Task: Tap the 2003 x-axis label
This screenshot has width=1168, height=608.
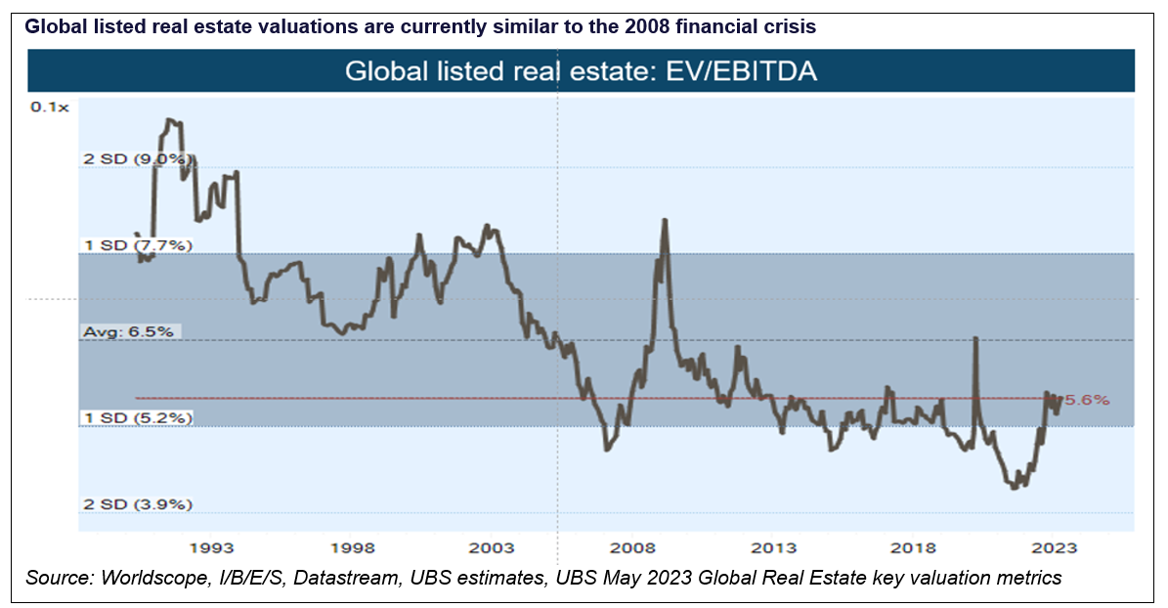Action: (493, 547)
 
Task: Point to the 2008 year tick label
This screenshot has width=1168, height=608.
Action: (633, 547)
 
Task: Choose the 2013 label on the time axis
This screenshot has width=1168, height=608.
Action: (773, 547)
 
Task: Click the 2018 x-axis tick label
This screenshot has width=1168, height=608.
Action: (913, 547)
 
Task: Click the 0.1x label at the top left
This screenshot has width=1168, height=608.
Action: (50, 107)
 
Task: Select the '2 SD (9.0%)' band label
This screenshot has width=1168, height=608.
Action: (139, 158)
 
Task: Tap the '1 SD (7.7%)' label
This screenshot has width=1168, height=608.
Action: (137, 244)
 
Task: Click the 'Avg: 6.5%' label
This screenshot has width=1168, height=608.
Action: (127, 331)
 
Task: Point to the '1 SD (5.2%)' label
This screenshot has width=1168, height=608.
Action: (137, 417)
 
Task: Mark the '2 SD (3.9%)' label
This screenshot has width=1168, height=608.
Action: (137, 504)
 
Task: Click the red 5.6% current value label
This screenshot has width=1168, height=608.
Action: (1086, 399)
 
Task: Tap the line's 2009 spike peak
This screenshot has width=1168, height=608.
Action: (665, 220)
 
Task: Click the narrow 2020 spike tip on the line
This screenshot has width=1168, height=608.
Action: (975, 338)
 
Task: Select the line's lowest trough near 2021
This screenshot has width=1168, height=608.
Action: (1014, 487)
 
